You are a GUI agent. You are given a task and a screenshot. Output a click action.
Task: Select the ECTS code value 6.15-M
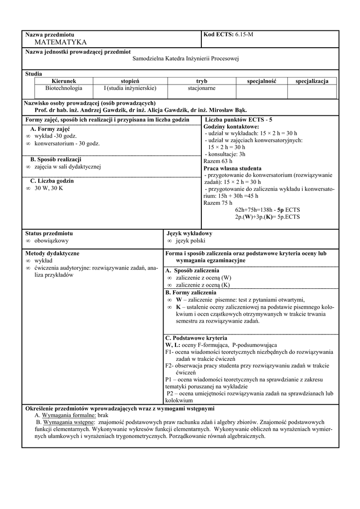pos(244,34)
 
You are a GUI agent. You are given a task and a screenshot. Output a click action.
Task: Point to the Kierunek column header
pos(64,81)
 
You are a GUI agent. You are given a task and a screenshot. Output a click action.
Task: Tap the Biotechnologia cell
pos(64,88)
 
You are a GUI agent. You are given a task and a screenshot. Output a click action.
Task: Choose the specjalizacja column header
pos(312,81)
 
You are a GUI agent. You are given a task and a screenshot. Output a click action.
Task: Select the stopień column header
pos(130,81)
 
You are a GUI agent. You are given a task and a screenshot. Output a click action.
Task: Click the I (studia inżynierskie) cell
pos(130,88)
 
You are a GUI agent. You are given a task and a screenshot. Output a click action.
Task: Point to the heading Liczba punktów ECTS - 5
pos(238,120)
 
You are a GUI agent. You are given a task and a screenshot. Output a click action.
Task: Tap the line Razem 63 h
pos(218,161)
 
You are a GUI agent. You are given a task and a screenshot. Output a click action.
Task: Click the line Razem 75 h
pos(218,203)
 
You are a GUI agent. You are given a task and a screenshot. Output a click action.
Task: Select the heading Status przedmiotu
pos(49,233)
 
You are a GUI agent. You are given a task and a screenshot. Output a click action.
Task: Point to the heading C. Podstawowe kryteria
pos(196,338)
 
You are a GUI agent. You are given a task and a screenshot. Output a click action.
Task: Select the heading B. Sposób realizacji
pos(56,159)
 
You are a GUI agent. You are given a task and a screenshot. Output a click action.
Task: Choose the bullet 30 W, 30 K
pos(49,188)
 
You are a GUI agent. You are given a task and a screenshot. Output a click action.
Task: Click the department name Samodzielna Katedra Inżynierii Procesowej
pos(186,59)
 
